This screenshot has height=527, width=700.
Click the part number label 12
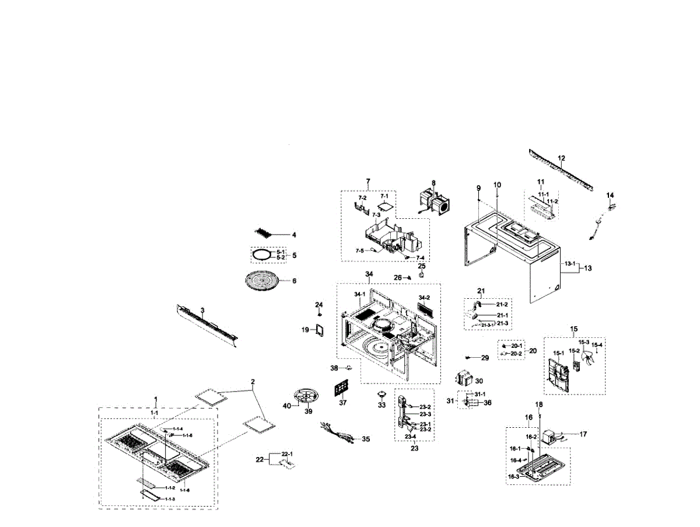(x=561, y=158)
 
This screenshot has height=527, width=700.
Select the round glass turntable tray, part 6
(x=267, y=281)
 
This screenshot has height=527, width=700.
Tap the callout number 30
(x=479, y=381)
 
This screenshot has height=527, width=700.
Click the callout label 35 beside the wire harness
(x=366, y=439)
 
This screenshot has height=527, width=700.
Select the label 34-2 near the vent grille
(x=423, y=297)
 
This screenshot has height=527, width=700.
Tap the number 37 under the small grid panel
(x=342, y=403)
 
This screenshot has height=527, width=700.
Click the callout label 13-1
(x=569, y=264)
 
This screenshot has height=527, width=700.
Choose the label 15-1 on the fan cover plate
(x=558, y=353)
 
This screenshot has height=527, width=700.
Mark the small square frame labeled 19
(x=319, y=330)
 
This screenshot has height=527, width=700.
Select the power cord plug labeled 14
(x=611, y=206)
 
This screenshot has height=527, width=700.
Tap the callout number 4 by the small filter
(x=294, y=235)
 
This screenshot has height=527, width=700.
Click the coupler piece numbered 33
(x=381, y=392)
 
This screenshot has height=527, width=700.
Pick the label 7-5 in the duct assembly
(x=360, y=250)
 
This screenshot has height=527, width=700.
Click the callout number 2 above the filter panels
(x=253, y=383)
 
